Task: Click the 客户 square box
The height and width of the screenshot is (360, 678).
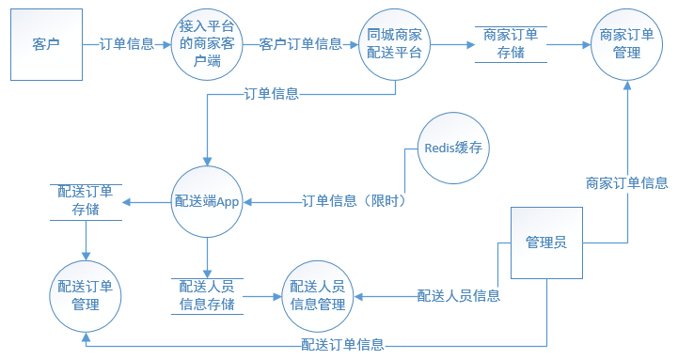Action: tap(46, 44)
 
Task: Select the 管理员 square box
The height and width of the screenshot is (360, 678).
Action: tap(545, 243)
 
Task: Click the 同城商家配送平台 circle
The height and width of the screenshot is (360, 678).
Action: tap(395, 44)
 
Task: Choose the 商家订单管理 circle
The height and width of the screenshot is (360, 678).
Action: tap(626, 44)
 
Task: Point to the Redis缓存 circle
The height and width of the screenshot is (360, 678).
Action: tap(455, 148)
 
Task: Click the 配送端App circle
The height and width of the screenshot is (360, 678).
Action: tap(207, 200)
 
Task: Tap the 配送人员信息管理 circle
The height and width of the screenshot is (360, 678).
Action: tap(318, 295)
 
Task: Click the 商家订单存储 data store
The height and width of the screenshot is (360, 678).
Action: tap(510, 43)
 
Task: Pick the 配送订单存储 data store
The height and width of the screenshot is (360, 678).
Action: tap(86, 201)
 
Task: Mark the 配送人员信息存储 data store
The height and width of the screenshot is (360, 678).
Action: tap(207, 295)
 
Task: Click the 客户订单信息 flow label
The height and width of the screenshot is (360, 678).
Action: tap(300, 44)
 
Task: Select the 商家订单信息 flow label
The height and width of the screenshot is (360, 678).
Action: tap(626, 182)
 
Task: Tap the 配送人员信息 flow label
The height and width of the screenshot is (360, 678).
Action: tap(458, 296)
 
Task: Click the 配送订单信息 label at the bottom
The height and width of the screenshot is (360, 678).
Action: tap(341, 343)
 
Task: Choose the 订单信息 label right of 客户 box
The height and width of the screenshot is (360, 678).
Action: tap(127, 44)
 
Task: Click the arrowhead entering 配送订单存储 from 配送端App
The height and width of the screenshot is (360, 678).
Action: tap(130, 201)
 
